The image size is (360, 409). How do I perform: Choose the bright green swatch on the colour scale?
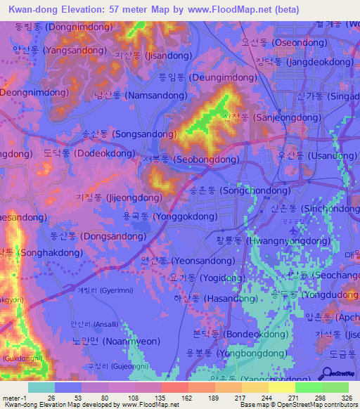coord(309,387)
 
